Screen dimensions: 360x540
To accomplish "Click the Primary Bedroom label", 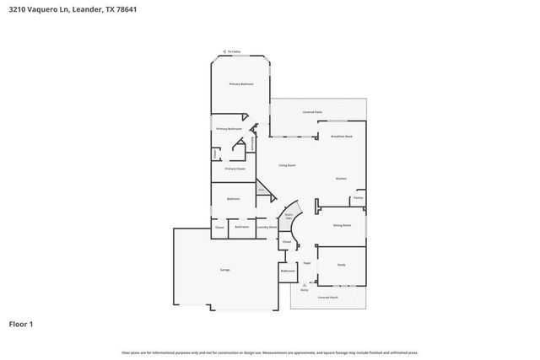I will tap(241, 84).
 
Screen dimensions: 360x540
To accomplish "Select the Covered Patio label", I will tap(314, 112).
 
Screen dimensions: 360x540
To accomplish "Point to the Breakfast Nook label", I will tap(342, 136).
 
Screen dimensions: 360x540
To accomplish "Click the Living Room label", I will tap(287, 165).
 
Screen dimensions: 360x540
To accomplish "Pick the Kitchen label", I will tap(342, 179).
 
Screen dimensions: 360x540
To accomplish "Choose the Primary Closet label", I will tap(235, 169).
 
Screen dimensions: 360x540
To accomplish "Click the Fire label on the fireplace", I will tap(262, 191).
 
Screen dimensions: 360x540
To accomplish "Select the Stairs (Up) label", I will tap(288, 217).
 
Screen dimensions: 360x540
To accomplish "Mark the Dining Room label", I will tap(342, 226).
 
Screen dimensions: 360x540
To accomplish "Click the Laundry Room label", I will tap(267, 227).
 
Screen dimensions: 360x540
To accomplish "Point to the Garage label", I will tap(225, 269).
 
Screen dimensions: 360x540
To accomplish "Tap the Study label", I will tap(342, 265).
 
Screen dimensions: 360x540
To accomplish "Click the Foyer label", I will tap(308, 263).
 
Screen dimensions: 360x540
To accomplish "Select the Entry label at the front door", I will tap(304, 289).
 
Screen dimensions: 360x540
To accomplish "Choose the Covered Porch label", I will tap(327, 298).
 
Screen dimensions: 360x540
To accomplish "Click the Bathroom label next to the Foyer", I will tap(288, 271).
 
